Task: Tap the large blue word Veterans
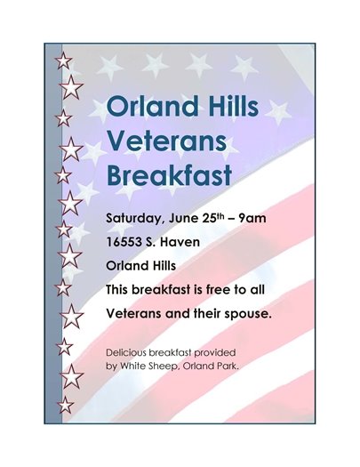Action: click(x=166, y=139)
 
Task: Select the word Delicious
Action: click(x=130, y=353)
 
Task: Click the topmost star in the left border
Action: click(x=63, y=60)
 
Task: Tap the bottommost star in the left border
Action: click(x=64, y=406)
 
